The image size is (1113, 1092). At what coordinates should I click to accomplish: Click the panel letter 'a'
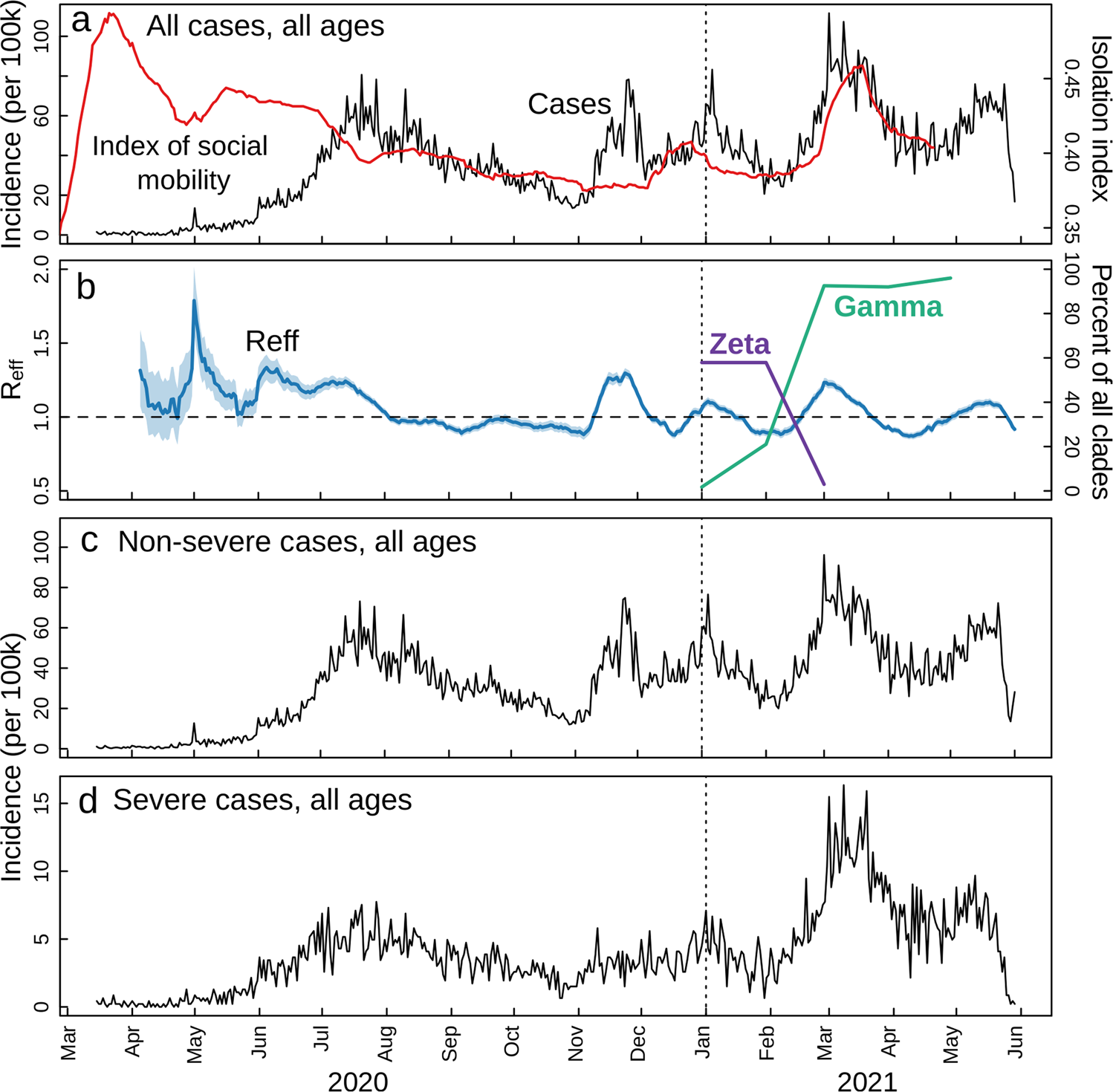81,22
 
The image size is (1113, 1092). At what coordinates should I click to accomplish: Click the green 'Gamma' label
888,306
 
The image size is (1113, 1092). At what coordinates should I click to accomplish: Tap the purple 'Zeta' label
739,344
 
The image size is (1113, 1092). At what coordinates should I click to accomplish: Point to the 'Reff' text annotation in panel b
272,341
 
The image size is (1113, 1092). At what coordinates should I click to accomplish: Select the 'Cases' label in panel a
569,104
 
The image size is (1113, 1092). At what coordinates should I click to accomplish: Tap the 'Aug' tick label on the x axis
386,1044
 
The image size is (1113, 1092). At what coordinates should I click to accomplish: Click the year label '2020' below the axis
357,1081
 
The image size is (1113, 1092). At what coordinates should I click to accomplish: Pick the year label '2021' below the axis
867,1081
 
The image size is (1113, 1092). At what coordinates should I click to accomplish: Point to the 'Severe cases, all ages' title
262,800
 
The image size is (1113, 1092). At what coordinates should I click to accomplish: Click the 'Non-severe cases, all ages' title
296,542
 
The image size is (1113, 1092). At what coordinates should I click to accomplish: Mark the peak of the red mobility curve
111,14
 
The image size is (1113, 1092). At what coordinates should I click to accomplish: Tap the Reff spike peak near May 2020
194,300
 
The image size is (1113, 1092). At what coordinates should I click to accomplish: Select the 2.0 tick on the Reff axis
42,270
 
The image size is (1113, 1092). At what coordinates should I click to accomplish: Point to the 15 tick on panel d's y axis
42,803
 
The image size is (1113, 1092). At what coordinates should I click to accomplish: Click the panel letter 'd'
88,801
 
